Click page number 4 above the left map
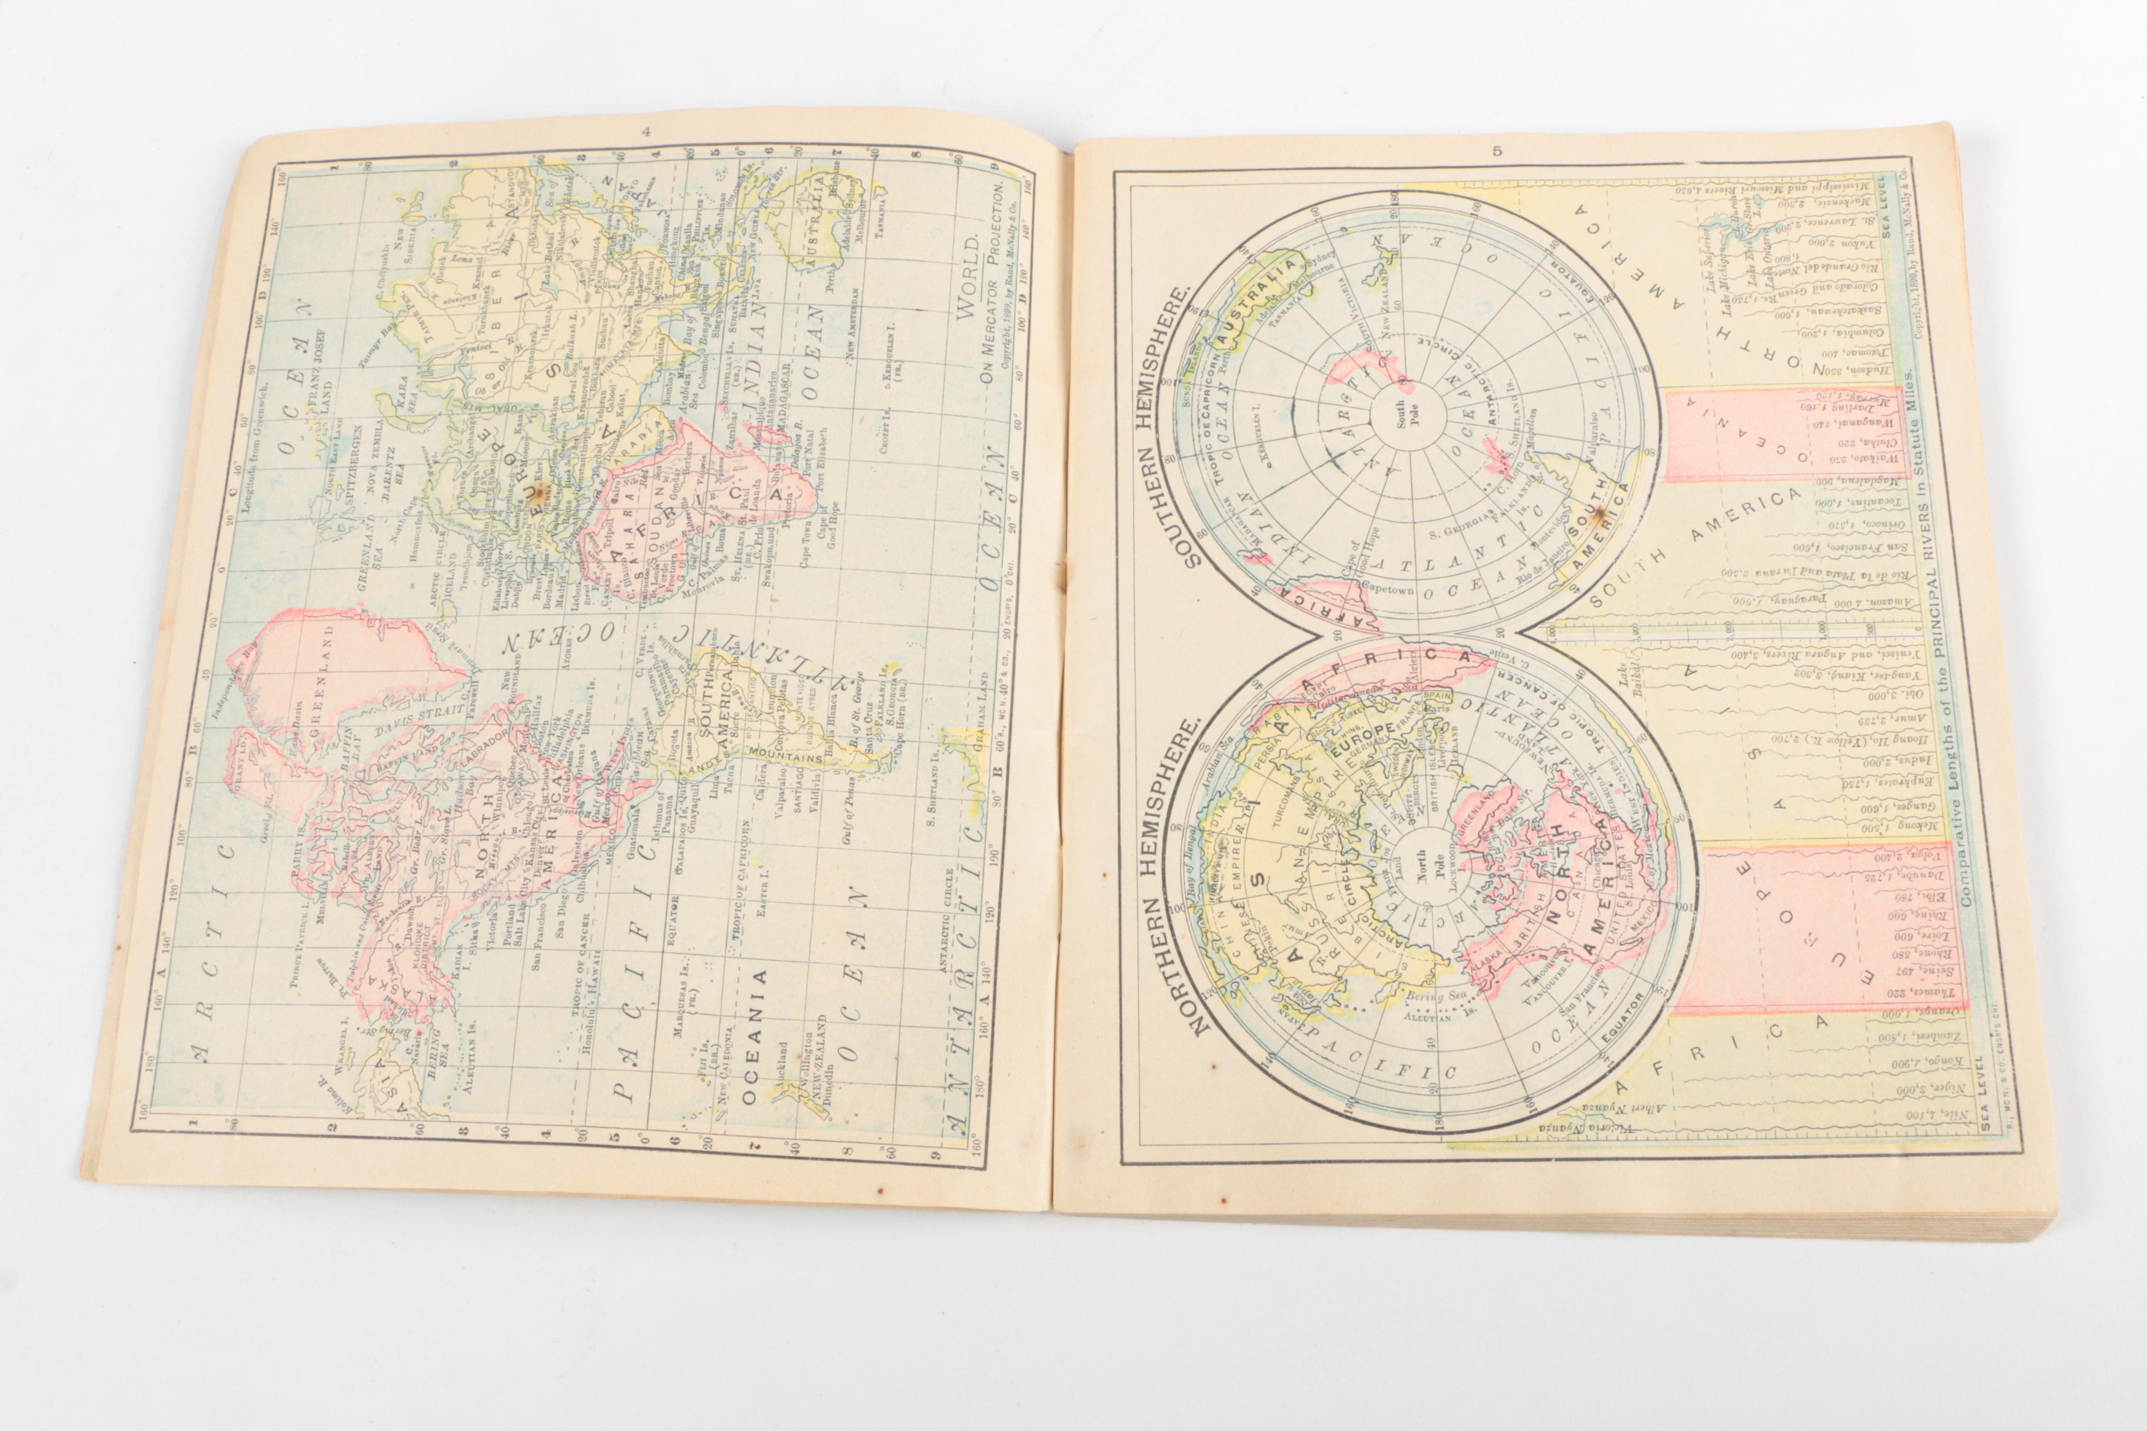[x=646, y=131]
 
